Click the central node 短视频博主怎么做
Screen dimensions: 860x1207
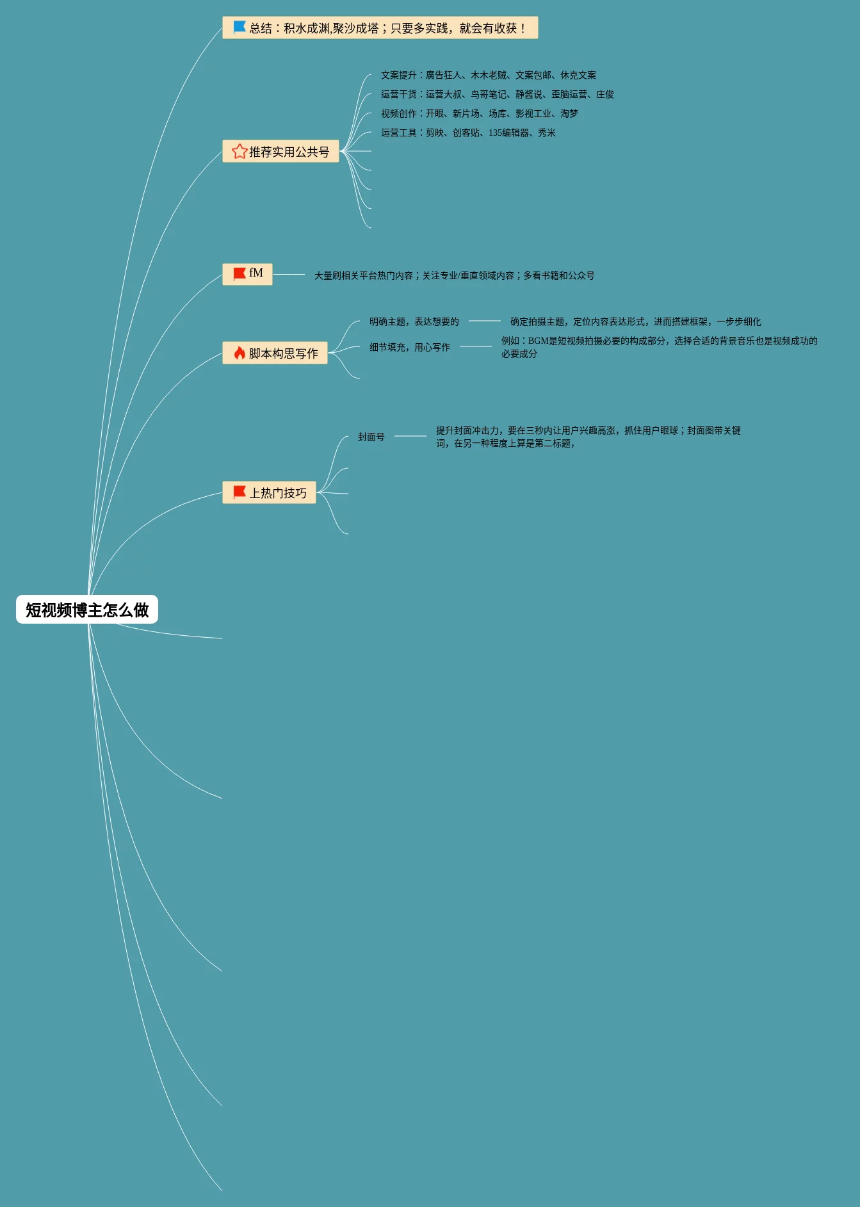87,610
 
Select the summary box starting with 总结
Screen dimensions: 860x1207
380,28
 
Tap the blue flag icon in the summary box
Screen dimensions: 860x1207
239,28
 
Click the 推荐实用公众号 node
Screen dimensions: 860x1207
280,152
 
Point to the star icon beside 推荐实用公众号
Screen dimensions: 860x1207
239,151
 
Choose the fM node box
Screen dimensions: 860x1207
247,274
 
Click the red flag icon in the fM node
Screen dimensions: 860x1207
239,274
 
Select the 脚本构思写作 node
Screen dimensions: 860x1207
275,353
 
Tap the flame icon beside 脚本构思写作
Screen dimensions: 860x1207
239,353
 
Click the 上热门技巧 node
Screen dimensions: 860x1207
269,493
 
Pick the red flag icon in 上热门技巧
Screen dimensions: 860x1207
239,492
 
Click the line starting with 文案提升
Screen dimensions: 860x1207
488,76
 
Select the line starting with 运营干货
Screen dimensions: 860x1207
497,95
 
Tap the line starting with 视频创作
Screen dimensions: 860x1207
479,114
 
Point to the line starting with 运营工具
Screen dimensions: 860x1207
468,133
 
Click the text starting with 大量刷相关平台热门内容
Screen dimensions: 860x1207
454,276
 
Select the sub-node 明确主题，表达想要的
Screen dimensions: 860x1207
414,322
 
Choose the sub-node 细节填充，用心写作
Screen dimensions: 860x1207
409,348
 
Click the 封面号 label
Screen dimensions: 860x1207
371,437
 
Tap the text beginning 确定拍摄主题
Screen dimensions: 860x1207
635,322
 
